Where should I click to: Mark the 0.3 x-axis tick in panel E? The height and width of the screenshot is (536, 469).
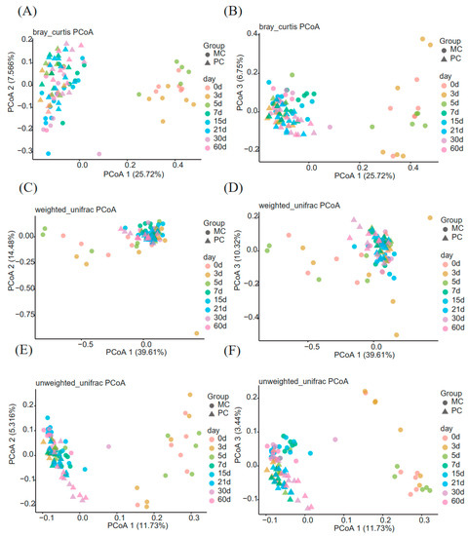point(194,514)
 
